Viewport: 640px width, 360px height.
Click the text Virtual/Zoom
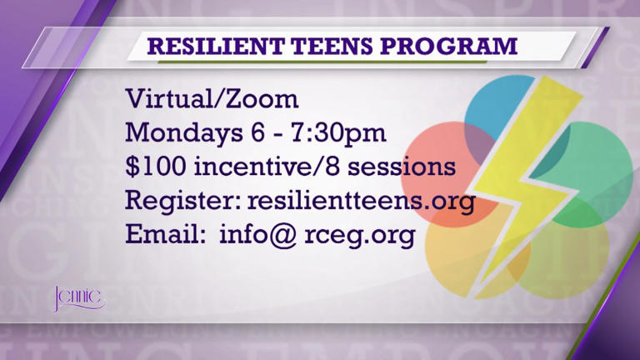point(212,99)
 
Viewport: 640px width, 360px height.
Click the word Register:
point(170,202)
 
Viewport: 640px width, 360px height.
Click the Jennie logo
point(78,297)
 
